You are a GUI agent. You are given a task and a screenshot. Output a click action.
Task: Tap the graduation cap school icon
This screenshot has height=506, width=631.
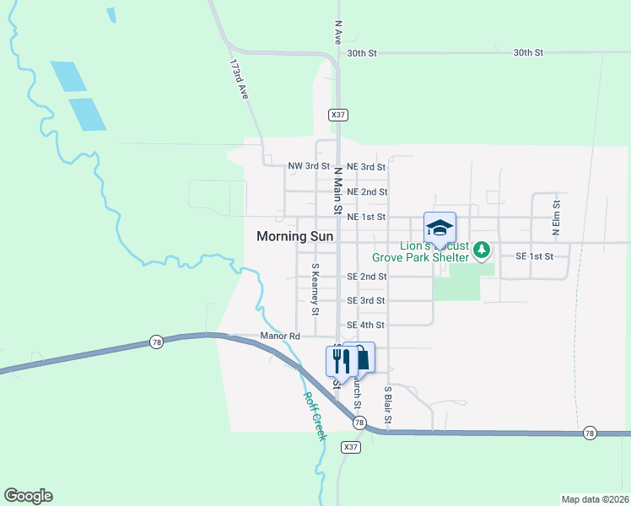tap(439, 228)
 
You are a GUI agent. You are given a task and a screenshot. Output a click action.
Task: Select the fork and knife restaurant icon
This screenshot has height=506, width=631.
tap(340, 360)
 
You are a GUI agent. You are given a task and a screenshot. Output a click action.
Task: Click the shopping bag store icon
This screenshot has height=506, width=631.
tap(361, 358)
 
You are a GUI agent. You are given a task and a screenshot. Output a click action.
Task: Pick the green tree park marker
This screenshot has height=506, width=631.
tap(481, 250)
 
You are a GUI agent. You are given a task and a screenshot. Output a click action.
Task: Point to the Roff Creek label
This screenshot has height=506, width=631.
tap(315, 416)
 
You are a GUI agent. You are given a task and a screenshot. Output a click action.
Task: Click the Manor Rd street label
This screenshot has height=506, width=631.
tap(281, 336)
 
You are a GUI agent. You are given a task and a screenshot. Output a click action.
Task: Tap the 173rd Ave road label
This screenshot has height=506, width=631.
tap(240, 80)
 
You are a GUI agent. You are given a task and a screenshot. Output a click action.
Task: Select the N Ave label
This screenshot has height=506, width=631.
tap(338, 33)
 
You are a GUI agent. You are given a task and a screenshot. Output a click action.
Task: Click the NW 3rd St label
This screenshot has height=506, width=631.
tap(309, 167)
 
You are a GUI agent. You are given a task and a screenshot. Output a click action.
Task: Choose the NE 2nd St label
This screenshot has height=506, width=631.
tap(367, 191)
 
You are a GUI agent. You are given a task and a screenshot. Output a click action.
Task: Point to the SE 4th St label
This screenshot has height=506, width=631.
tap(366, 325)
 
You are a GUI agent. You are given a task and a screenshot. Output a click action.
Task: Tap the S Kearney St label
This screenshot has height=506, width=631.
tap(315, 288)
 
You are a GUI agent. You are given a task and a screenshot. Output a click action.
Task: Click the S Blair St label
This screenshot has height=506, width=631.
tap(388, 406)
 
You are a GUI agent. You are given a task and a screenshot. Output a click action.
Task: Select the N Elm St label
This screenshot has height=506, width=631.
tap(555, 217)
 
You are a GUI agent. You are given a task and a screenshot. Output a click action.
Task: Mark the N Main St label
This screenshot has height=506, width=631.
tap(338, 189)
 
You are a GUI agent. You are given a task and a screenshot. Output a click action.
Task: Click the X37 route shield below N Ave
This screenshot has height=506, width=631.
tap(338, 114)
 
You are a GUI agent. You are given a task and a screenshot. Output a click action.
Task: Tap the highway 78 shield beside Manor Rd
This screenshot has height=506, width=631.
tap(156, 342)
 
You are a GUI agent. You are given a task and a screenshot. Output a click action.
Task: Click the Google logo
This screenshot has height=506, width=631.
tap(28, 496)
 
